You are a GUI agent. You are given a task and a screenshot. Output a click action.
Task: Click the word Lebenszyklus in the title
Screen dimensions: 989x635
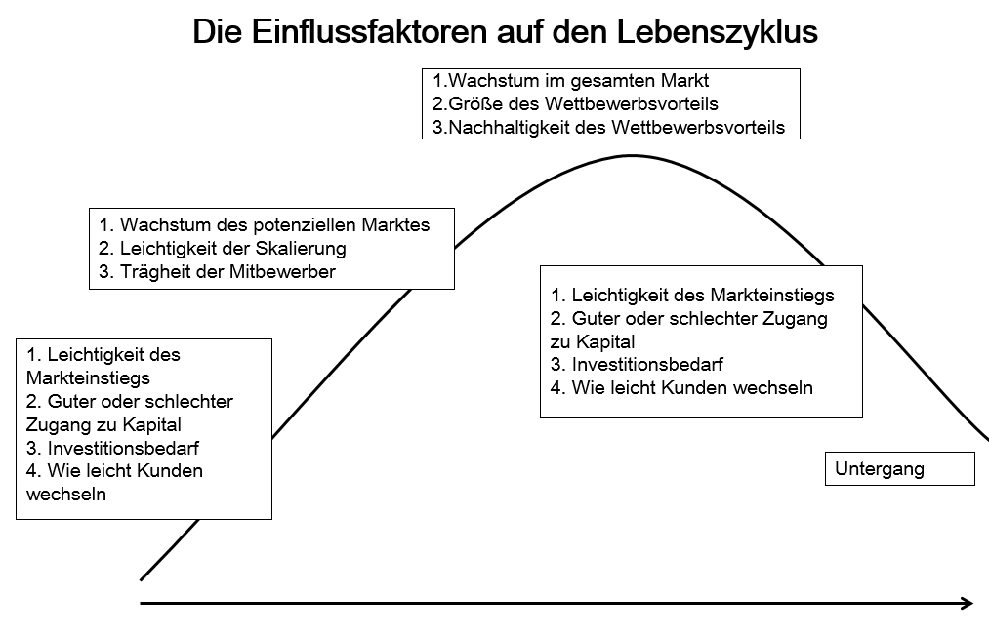point(717,31)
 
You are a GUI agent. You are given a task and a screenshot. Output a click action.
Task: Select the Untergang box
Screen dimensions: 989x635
point(899,469)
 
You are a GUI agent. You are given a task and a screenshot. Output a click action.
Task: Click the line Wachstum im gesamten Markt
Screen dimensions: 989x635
point(571,80)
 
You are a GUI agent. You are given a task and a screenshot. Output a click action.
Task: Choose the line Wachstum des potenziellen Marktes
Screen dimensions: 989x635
point(265,224)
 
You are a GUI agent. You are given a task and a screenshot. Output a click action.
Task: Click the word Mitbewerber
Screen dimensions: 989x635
point(282,272)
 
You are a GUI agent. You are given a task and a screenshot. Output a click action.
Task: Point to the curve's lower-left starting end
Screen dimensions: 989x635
point(143,579)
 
